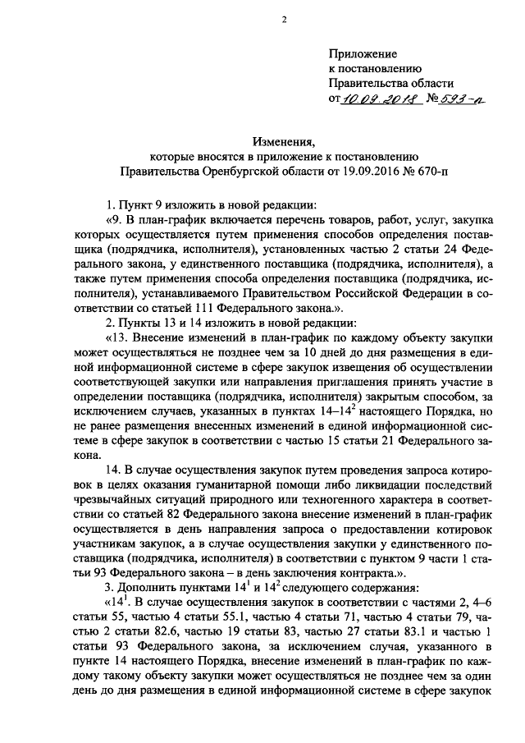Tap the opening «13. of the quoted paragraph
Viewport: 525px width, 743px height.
point(117,338)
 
